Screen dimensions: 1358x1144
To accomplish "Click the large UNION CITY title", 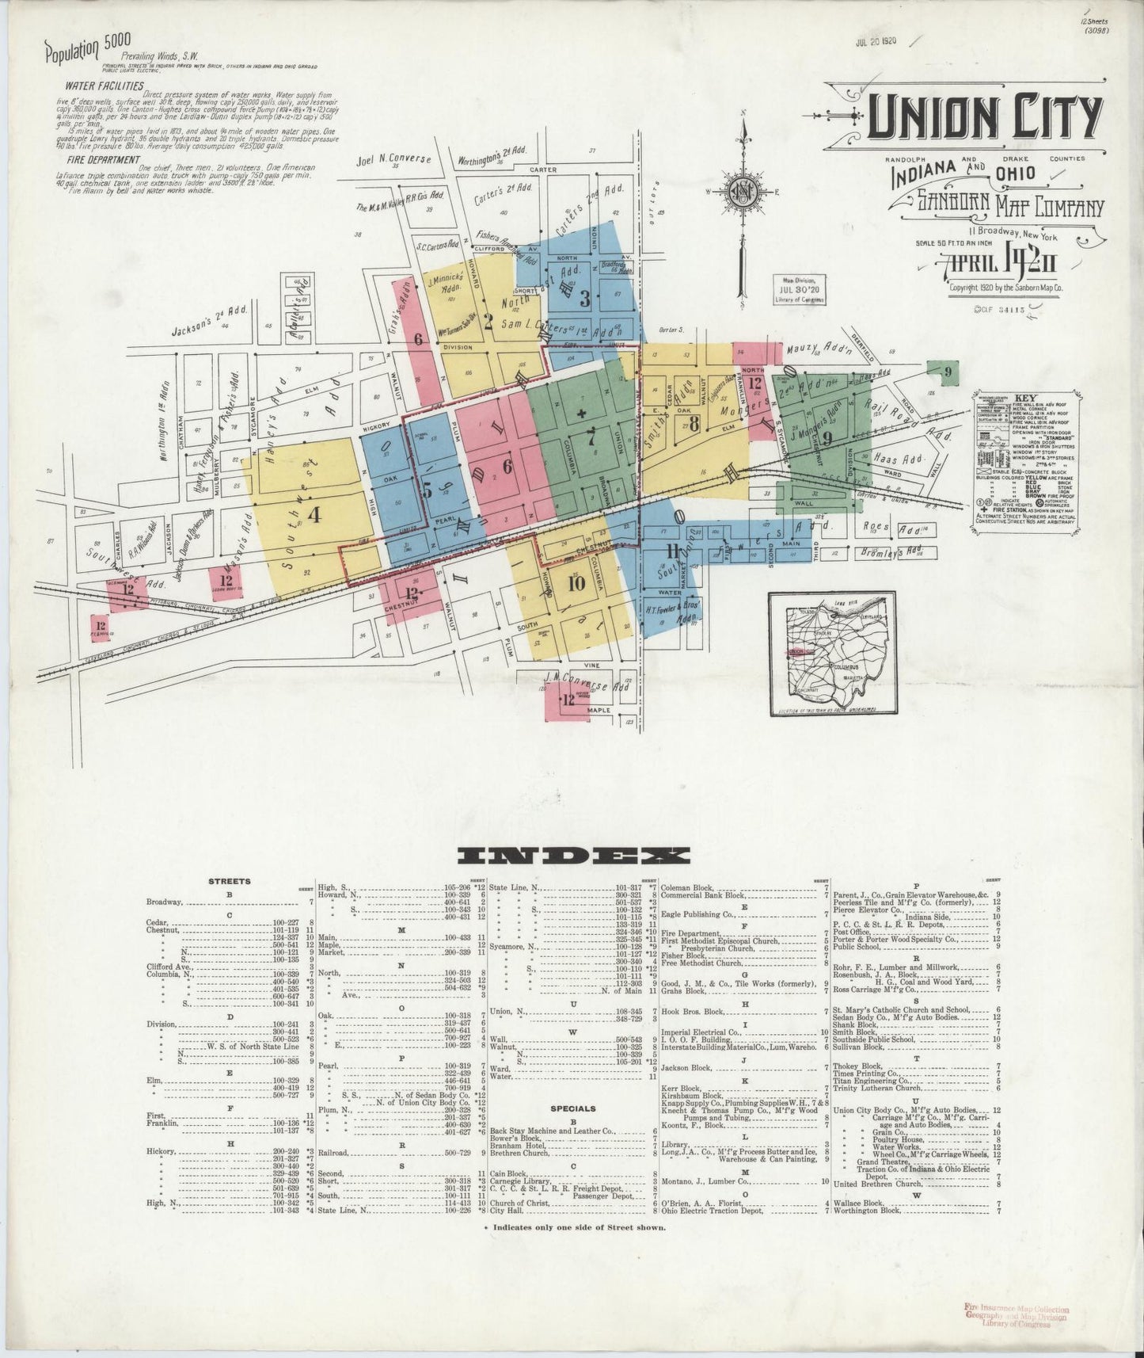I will coord(984,117).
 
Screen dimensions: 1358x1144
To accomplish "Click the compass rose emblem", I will coord(743,193).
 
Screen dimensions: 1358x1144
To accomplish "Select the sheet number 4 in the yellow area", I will coord(314,515).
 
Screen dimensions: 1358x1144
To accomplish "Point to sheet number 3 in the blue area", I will coord(585,299).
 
